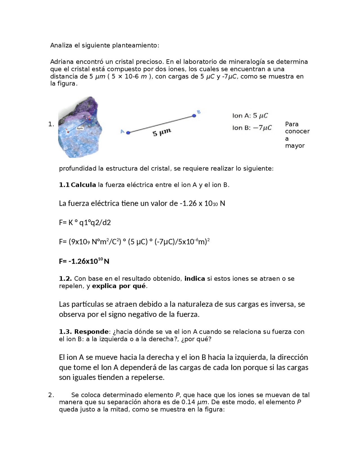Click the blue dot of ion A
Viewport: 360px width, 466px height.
click(128, 133)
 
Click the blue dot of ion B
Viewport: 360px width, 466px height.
click(194, 116)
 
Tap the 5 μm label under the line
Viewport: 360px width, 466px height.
click(162, 132)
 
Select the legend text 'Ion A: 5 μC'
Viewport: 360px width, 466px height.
click(250, 116)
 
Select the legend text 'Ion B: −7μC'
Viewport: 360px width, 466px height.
click(252, 128)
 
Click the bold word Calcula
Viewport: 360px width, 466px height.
click(83, 185)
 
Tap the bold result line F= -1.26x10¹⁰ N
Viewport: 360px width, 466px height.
click(84, 261)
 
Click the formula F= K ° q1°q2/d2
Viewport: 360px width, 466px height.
click(85, 223)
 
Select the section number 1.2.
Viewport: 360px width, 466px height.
click(65, 279)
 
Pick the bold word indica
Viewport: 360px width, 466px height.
click(195, 279)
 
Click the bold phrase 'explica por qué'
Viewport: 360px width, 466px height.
click(119, 286)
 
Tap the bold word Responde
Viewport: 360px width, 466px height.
click(91, 332)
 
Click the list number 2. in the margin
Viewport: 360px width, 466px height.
click(51, 395)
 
